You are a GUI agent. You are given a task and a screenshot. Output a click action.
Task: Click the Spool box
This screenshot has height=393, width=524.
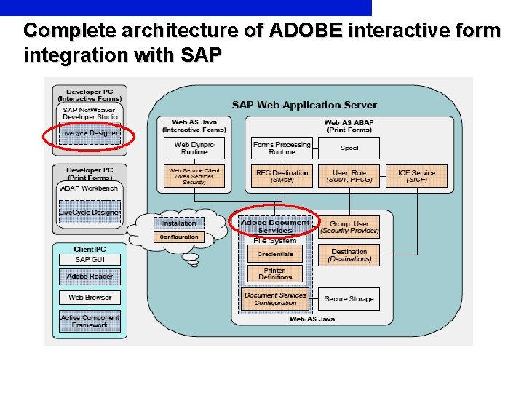(x=349, y=148)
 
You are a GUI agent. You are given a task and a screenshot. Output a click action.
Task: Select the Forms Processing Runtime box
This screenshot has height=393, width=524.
(x=282, y=148)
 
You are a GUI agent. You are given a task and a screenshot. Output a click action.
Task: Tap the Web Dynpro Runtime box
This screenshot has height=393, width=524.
(x=194, y=148)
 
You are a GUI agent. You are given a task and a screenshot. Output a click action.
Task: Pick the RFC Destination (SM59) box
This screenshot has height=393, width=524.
(x=282, y=175)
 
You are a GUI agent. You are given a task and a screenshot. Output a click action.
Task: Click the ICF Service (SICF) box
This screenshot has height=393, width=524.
(x=417, y=175)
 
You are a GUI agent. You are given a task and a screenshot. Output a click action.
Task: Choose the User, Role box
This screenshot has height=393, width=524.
(x=349, y=175)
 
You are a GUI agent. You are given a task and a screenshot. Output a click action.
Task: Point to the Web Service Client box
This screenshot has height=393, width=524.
(x=194, y=175)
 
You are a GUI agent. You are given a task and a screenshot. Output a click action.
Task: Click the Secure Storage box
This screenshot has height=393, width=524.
(x=349, y=299)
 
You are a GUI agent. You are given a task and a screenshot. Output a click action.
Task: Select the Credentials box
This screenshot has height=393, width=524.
(x=275, y=254)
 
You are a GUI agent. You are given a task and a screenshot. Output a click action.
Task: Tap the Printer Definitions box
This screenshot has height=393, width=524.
(x=275, y=274)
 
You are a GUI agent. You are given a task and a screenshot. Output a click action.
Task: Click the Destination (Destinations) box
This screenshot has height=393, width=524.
(x=349, y=255)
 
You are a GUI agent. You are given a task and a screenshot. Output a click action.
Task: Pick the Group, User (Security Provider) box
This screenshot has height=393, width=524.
(x=349, y=227)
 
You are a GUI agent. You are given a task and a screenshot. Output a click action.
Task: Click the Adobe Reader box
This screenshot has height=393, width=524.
(x=90, y=277)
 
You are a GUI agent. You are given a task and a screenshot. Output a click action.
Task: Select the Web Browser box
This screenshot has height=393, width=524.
(x=90, y=297)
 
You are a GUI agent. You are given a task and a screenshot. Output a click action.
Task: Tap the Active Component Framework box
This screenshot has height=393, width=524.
(x=90, y=321)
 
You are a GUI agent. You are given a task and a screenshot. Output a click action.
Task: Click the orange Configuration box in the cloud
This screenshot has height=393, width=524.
(x=179, y=237)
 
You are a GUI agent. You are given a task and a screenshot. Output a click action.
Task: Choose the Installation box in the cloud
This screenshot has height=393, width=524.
(x=179, y=223)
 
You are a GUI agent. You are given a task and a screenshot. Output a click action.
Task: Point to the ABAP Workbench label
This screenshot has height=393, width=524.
(x=89, y=188)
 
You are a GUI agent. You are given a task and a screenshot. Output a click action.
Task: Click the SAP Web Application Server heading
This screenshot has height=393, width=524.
(x=304, y=105)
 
